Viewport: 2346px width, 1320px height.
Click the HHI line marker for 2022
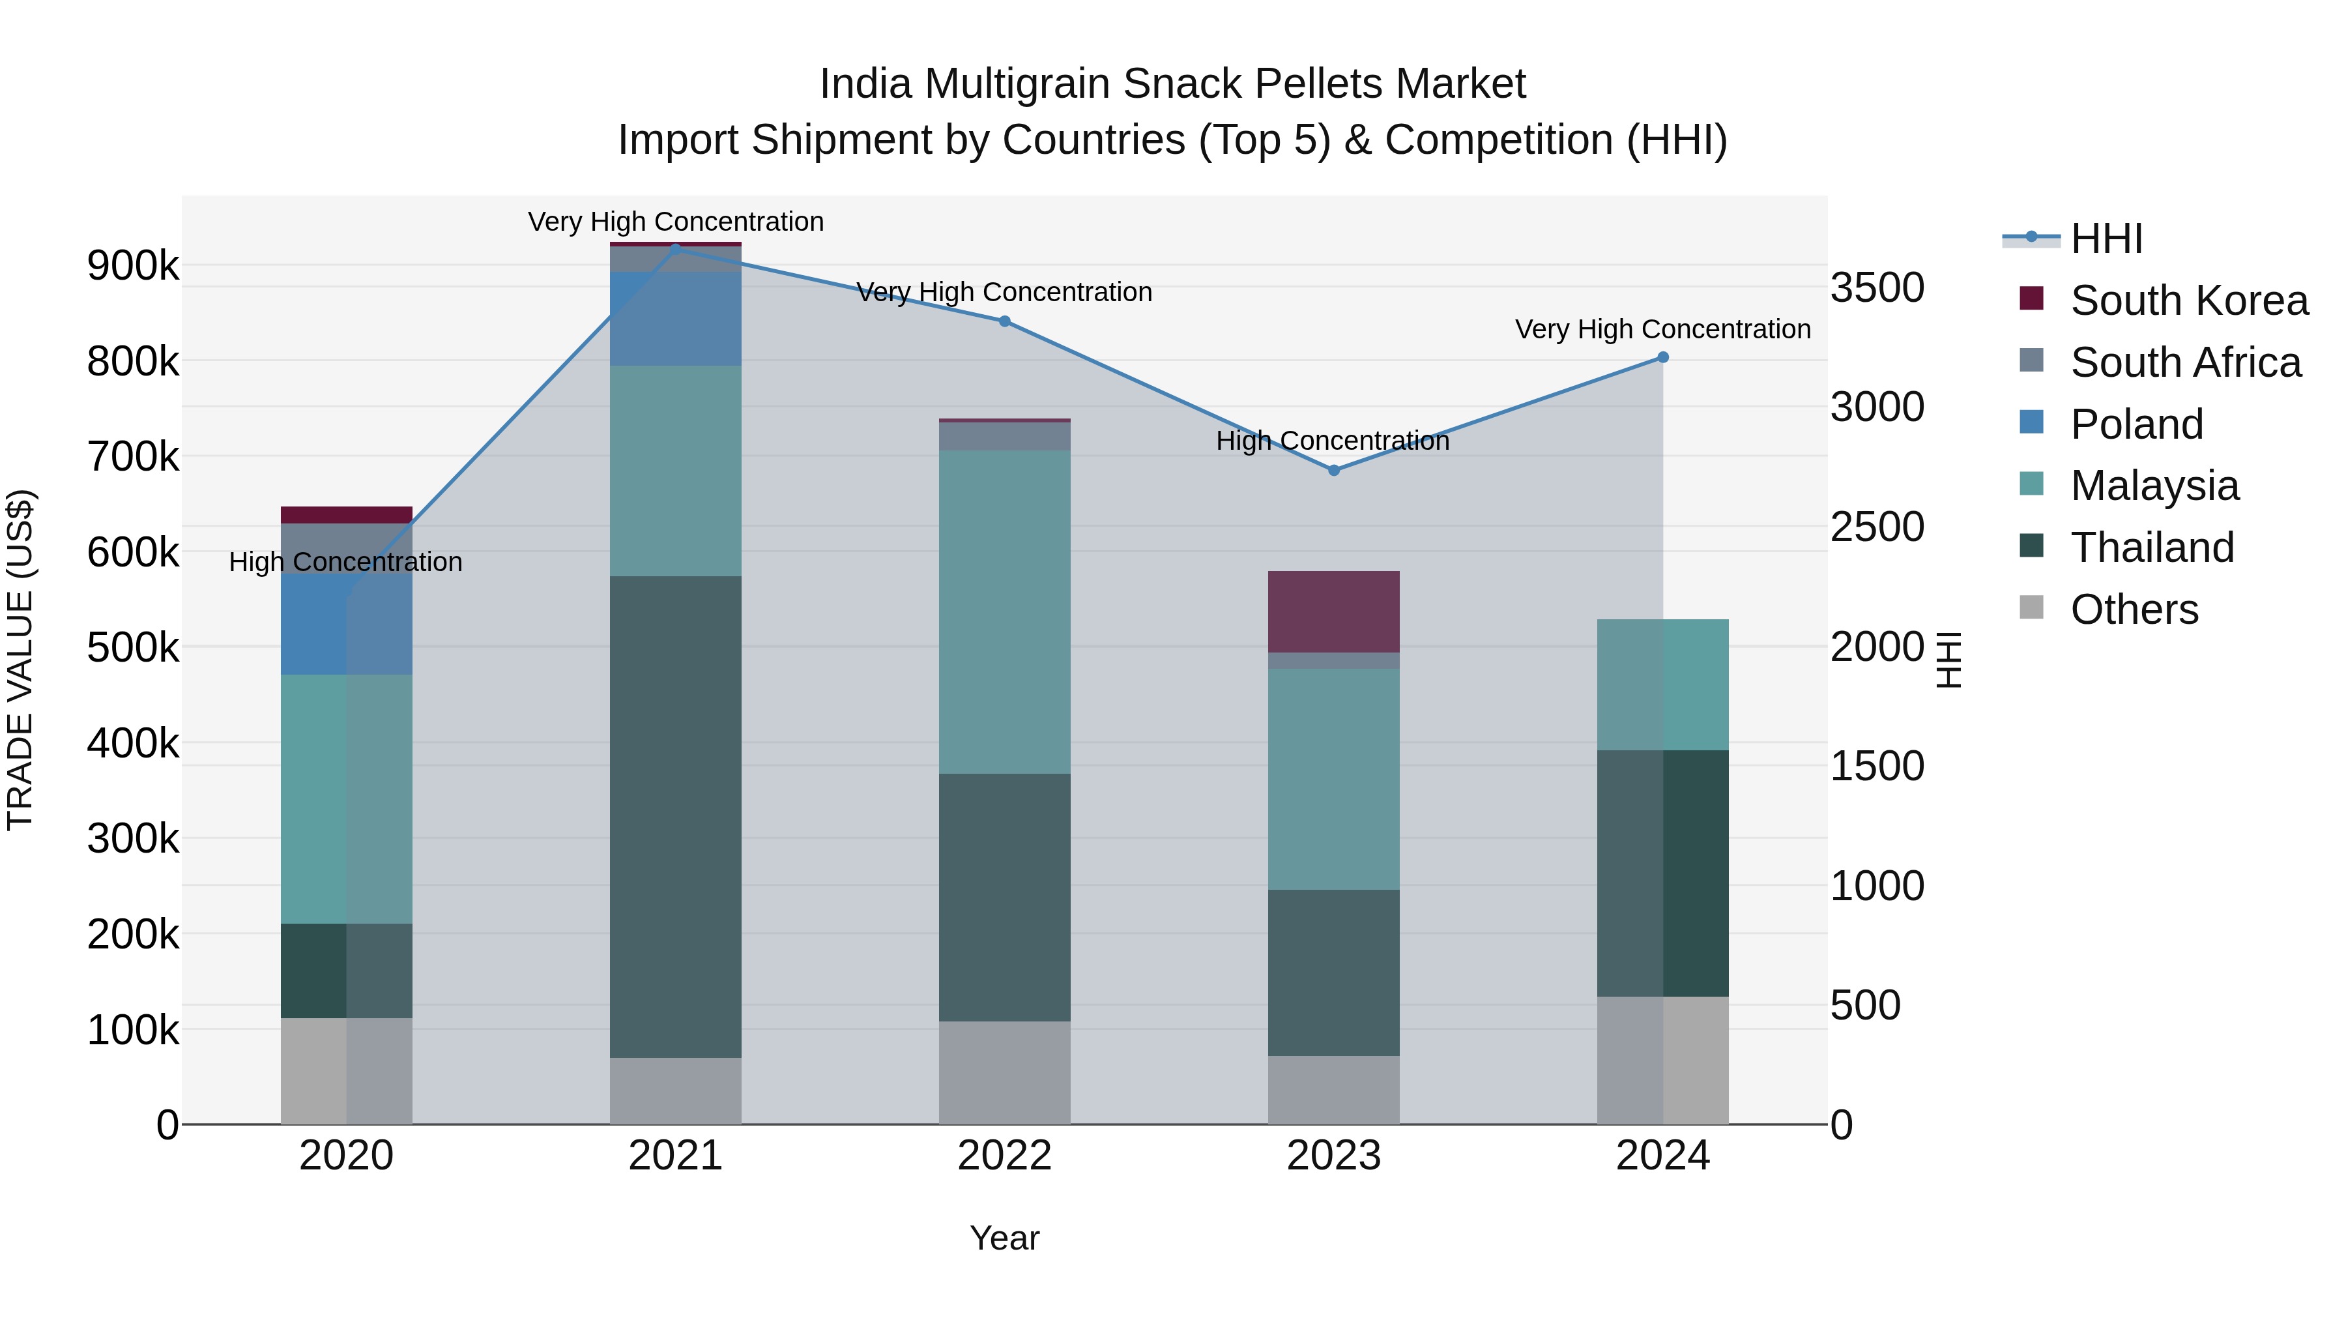(x=1004, y=321)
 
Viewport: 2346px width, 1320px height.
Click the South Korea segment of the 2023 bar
(x=1333, y=612)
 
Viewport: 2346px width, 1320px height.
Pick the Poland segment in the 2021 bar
(x=675, y=319)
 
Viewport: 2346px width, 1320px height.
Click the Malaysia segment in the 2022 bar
(x=1004, y=612)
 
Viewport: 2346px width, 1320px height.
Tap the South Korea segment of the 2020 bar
(x=346, y=515)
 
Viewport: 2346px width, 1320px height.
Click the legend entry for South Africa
(x=2185, y=362)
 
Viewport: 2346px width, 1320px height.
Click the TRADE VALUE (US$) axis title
(x=20, y=660)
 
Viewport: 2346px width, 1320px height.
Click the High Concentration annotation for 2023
(x=1333, y=441)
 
